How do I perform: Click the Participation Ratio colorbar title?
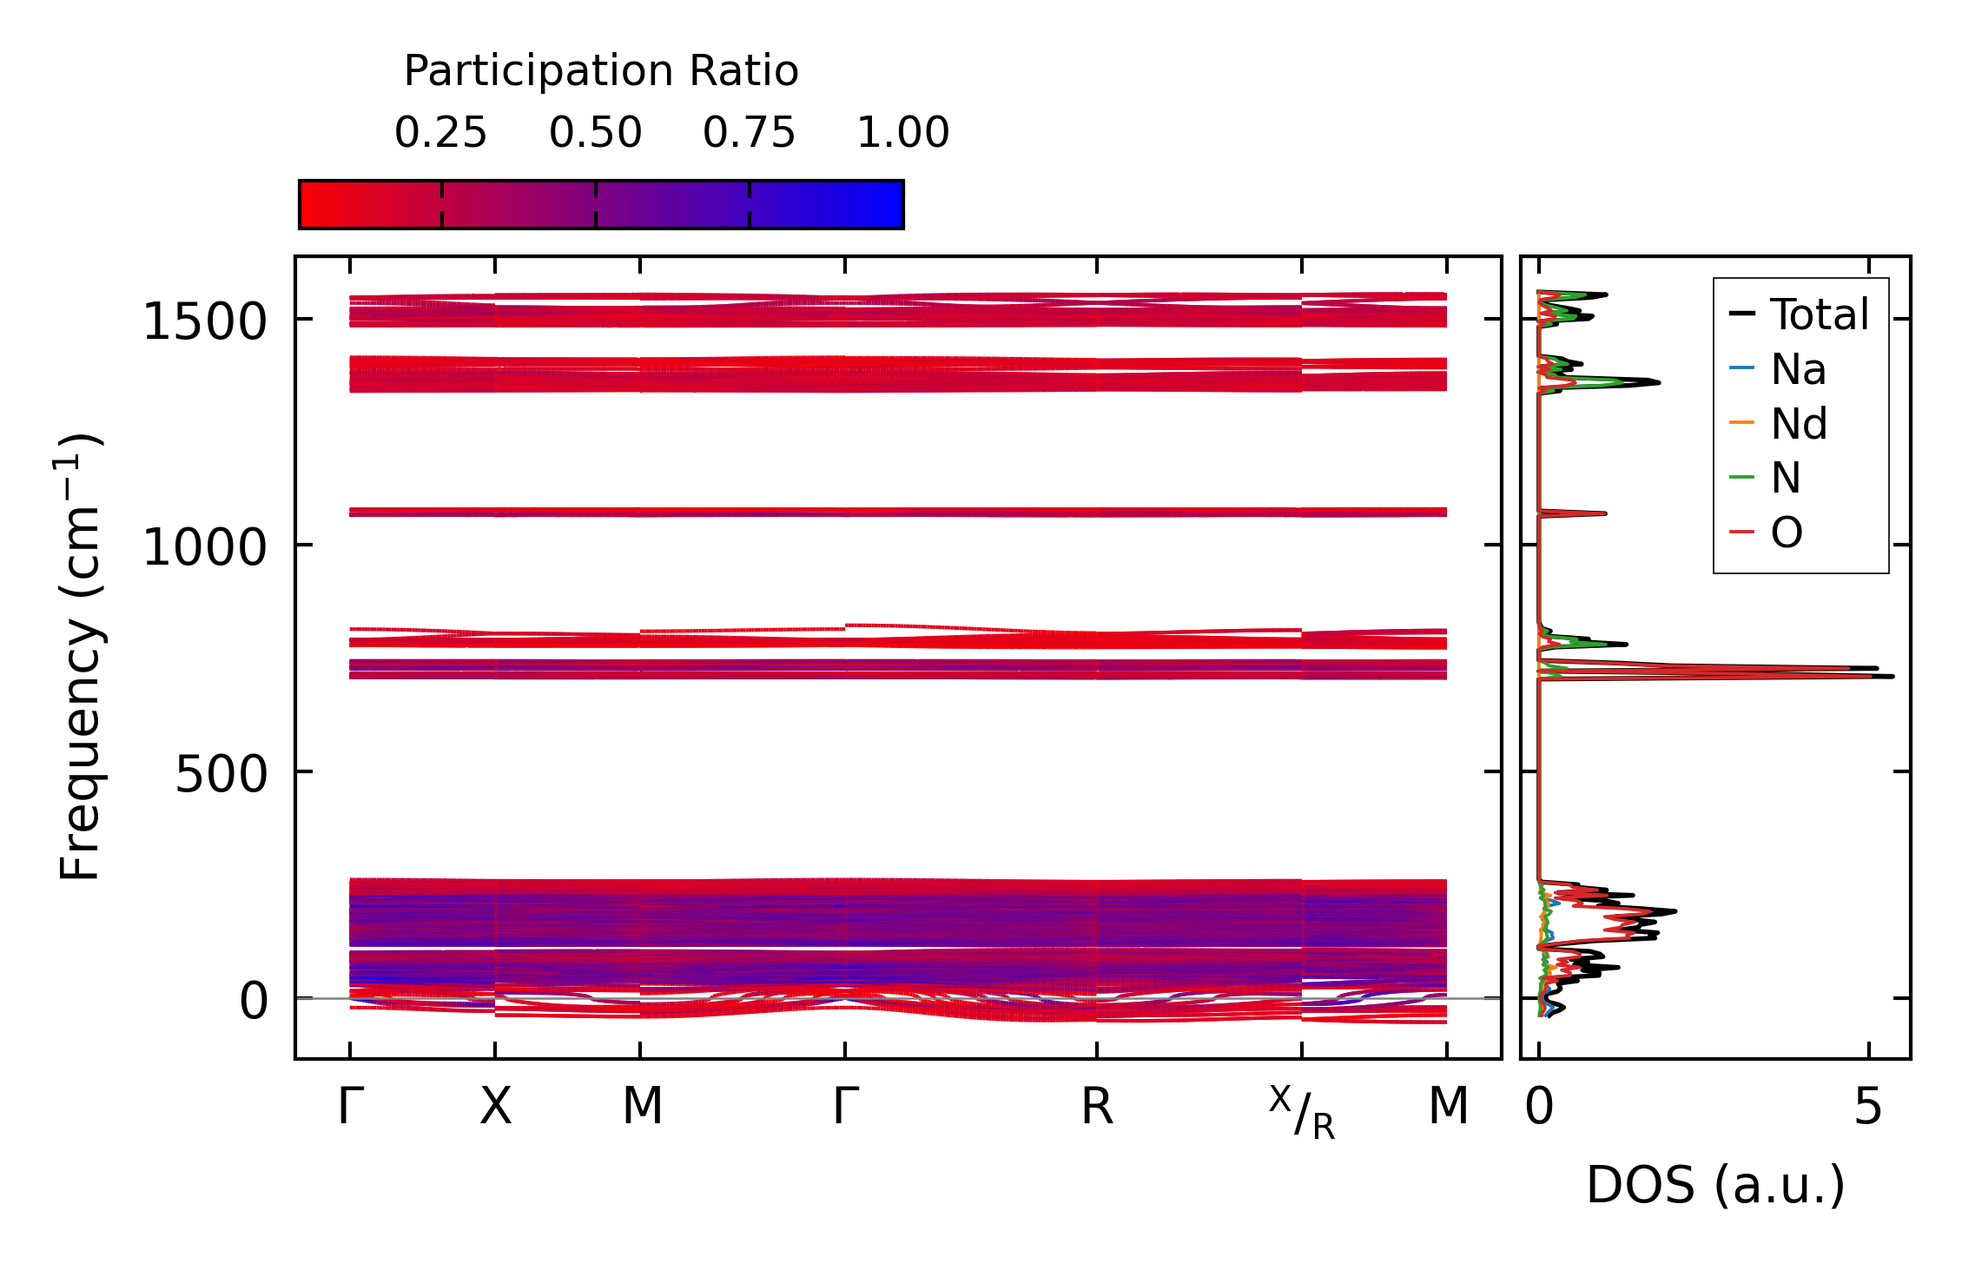point(601,71)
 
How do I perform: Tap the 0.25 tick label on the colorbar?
point(441,133)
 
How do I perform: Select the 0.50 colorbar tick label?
point(596,133)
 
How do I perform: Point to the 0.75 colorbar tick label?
point(750,133)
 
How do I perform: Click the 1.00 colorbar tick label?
point(903,133)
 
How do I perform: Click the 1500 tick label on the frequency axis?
point(204,322)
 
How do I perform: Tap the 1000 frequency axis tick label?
point(204,548)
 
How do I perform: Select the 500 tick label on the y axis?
point(221,774)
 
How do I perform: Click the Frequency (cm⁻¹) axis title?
point(80,657)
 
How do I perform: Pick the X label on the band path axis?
point(496,1108)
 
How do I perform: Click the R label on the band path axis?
point(1097,1108)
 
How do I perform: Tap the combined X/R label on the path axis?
point(1301,1112)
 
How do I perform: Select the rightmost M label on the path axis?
point(1448,1108)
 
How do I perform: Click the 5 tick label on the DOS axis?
point(1868,1108)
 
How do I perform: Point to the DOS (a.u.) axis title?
point(1715,1186)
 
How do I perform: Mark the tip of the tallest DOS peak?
point(1893,676)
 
